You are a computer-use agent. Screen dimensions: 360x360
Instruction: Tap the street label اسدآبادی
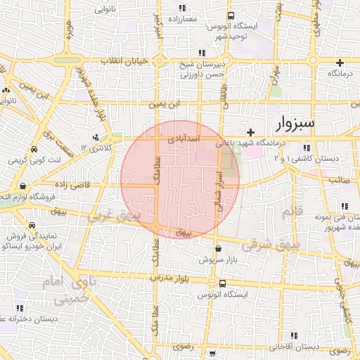tap(184, 141)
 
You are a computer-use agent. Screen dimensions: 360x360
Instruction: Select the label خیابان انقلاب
tap(126, 61)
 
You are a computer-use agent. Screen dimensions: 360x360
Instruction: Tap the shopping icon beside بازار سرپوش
tap(218, 248)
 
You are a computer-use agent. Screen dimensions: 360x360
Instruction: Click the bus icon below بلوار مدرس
tap(223, 284)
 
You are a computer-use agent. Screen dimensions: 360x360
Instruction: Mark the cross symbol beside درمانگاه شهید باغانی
tap(250, 131)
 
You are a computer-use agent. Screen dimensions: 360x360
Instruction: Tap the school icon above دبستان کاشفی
tap(306, 148)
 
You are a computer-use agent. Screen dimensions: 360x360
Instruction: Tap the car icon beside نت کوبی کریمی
tap(34, 150)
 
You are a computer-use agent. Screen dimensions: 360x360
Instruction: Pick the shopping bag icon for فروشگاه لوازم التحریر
tap(24, 186)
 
